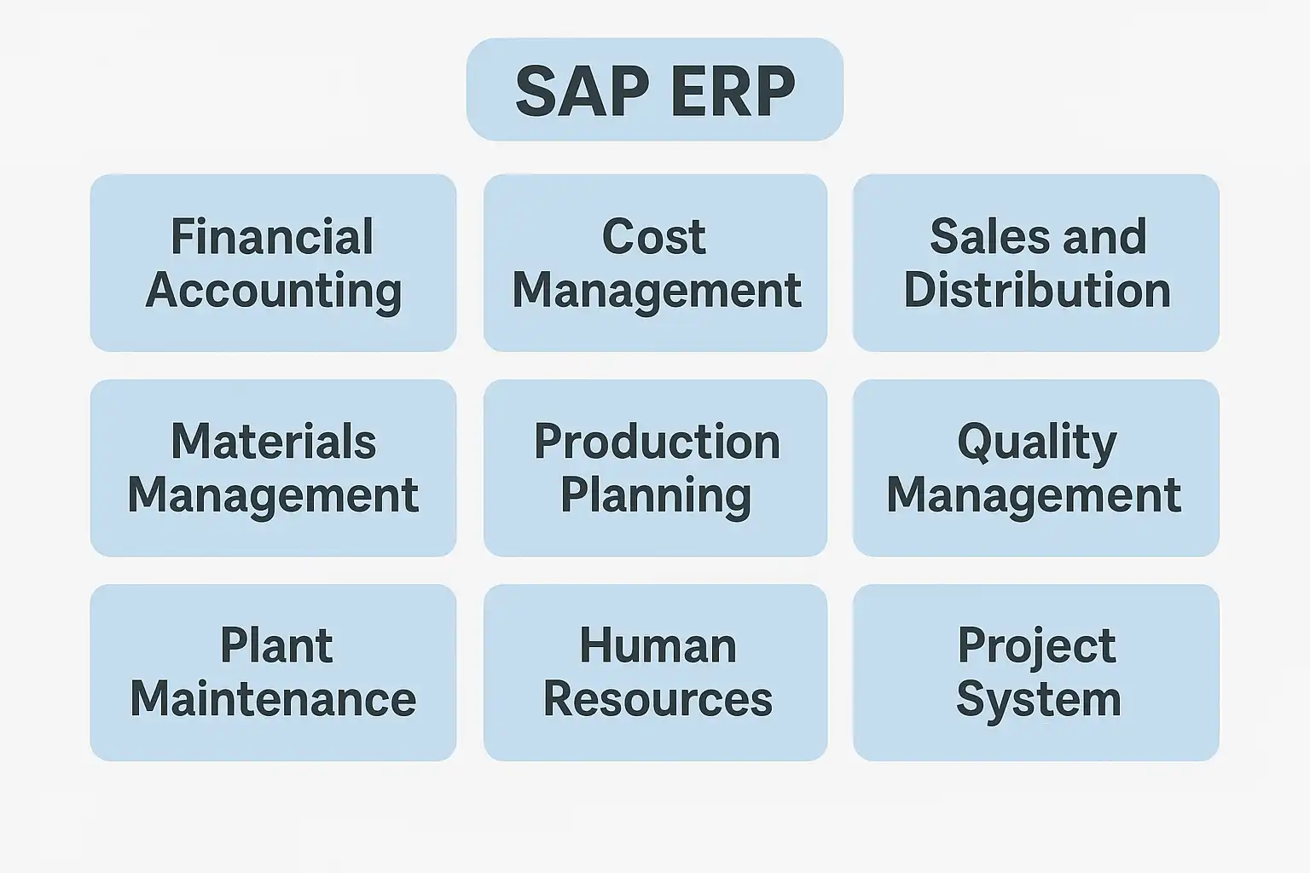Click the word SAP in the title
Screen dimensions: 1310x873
583,91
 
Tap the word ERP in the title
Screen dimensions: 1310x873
733,91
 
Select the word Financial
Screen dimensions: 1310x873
272,236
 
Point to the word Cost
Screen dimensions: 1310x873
654,236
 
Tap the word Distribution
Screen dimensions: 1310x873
1037,290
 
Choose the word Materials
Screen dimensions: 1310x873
273,441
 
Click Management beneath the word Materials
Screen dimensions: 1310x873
273,497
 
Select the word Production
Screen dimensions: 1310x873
657,441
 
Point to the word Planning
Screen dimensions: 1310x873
656,497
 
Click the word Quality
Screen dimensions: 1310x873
1037,443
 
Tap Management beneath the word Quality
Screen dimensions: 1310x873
1034,497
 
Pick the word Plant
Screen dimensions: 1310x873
276,645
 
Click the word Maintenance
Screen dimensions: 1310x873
273,699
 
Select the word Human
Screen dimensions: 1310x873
658,645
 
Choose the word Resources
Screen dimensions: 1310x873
658,699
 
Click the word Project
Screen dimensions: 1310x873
1036,648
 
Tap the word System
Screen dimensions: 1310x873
1039,702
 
